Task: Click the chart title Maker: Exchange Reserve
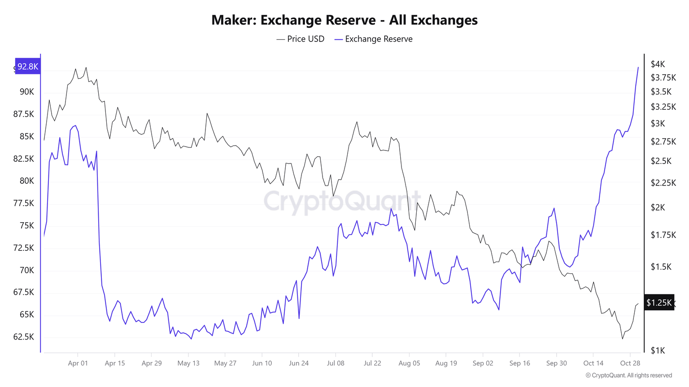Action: [x=344, y=20]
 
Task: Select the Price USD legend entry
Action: [x=301, y=39]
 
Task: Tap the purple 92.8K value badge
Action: [x=28, y=66]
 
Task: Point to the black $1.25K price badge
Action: [x=658, y=303]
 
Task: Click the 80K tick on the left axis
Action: [x=26, y=181]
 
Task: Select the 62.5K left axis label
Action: [x=23, y=337]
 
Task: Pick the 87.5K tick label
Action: [x=23, y=114]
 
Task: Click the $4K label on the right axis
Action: [x=658, y=64]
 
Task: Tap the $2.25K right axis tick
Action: [x=663, y=183]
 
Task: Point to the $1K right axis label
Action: [x=658, y=350]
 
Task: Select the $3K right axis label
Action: [x=658, y=123]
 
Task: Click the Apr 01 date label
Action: [x=78, y=363]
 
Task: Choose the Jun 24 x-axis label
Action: [x=299, y=363]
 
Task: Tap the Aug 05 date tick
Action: [x=409, y=363]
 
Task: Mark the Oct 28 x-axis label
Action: [x=630, y=363]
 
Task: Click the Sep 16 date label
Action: [x=519, y=363]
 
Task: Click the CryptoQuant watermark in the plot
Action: [x=342, y=201]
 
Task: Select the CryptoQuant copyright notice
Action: [x=628, y=375]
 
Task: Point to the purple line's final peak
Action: [x=638, y=68]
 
